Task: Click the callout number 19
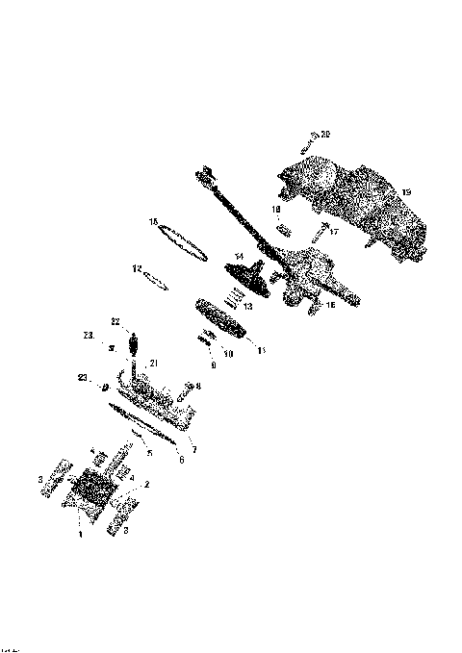406,192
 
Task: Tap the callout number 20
325,134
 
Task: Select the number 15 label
152,222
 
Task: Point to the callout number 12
137,268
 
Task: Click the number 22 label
114,319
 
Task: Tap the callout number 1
81,534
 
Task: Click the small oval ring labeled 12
156,281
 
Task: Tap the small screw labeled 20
307,143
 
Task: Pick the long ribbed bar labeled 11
222,318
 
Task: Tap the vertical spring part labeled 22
134,344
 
